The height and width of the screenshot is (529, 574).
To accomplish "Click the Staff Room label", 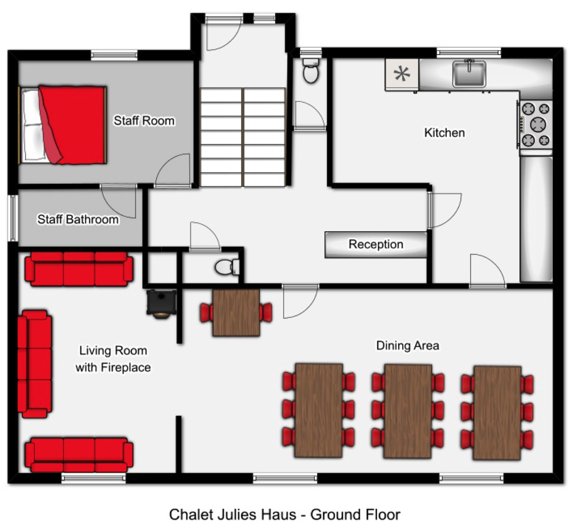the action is (144, 120).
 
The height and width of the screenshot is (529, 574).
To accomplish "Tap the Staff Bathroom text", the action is (78, 219).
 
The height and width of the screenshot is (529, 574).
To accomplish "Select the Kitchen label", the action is (445, 132).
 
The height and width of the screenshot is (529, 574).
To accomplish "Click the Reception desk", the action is (376, 244).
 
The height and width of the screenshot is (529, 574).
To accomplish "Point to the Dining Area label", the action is (408, 346).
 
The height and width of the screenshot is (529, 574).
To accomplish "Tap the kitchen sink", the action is (469, 73).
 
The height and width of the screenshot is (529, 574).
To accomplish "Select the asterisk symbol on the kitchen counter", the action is (402, 74).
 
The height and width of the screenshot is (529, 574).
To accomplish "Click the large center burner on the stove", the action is (538, 125).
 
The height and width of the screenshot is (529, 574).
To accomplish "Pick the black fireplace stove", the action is (161, 303).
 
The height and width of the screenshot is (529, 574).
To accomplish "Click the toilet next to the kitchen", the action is (311, 70).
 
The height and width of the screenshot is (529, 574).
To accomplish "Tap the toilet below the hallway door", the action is (227, 267).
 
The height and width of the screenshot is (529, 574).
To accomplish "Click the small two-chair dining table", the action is (236, 313).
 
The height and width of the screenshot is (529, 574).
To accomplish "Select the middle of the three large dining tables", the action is (408, 411).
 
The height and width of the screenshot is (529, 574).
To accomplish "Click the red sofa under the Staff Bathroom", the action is (79, 269).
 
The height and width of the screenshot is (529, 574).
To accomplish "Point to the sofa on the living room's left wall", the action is (35, 364).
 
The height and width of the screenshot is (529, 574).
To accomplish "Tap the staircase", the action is (243, 137).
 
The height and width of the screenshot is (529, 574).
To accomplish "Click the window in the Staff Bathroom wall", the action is (13, 218).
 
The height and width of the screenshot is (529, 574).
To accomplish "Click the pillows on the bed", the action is (32, 125).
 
